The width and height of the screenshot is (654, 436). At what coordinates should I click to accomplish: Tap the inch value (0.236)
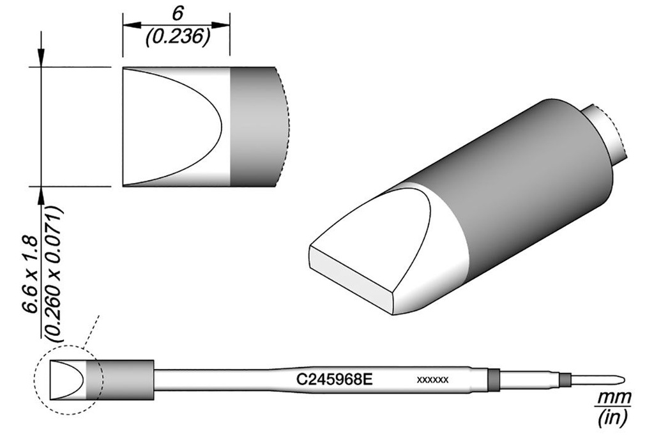[178, 38]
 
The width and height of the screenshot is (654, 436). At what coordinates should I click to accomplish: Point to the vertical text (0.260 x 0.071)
[54, 274]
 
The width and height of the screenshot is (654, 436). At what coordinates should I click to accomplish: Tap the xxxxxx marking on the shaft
[432, 380]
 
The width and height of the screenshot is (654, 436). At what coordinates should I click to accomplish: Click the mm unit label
[614, 398]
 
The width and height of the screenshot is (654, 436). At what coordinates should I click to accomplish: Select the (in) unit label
[612, 418]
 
